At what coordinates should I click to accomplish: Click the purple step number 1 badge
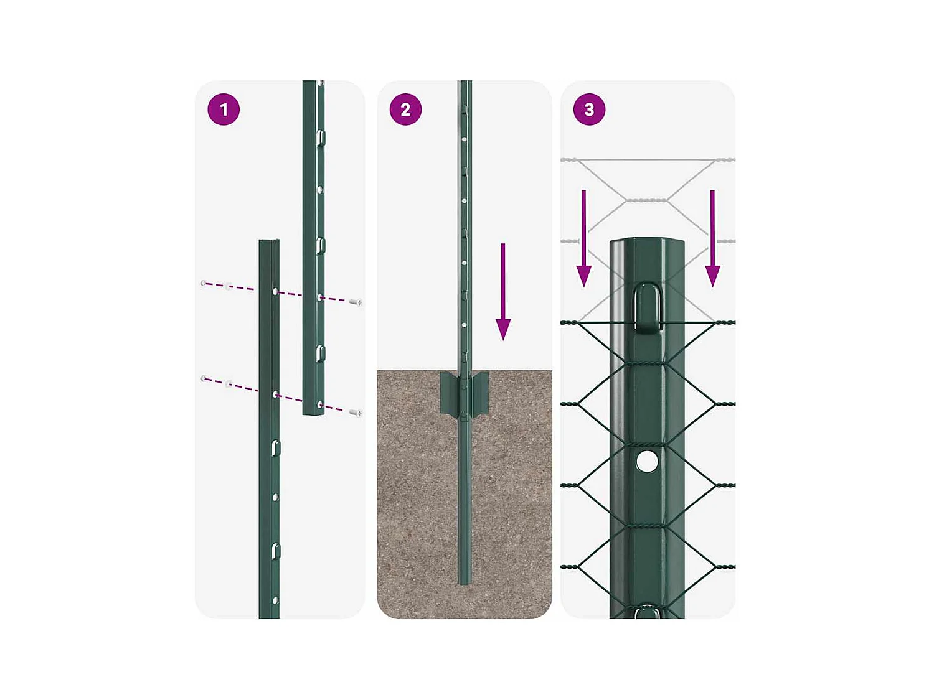(x=224, y=110)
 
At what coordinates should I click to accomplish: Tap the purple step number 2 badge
(x=405, y=110)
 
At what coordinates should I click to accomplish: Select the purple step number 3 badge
(x=589, y=110)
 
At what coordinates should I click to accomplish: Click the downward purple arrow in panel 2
(x=503, y=292)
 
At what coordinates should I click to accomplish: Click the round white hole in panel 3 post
(x=647, y=462)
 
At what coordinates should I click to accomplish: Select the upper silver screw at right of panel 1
(x=356, y=302)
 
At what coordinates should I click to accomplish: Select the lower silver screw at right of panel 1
(x=356, y=413)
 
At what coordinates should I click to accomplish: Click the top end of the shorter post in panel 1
(x=269, y=242)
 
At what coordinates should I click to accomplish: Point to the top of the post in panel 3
(x=647, y=241)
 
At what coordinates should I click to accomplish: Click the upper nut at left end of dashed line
(x=204, y=283)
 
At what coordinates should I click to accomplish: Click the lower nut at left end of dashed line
(x=204, y=378)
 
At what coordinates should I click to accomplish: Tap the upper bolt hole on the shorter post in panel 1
(x=275, y=291)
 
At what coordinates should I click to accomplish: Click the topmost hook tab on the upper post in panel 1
(x=320, y=138)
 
